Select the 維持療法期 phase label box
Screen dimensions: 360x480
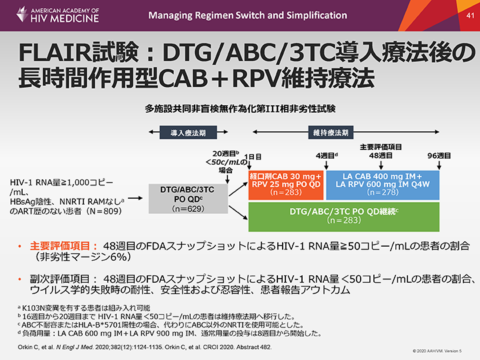click(x=331, y=132)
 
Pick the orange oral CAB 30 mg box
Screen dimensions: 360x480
click(x=285, y=185)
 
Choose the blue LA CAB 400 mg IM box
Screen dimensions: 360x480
click(x=383, y=185)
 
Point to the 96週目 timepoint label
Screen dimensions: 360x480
click(x=439, y=155)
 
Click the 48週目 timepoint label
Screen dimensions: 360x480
click(x=381, y=155)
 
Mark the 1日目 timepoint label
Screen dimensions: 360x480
click(x=253, y=155)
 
